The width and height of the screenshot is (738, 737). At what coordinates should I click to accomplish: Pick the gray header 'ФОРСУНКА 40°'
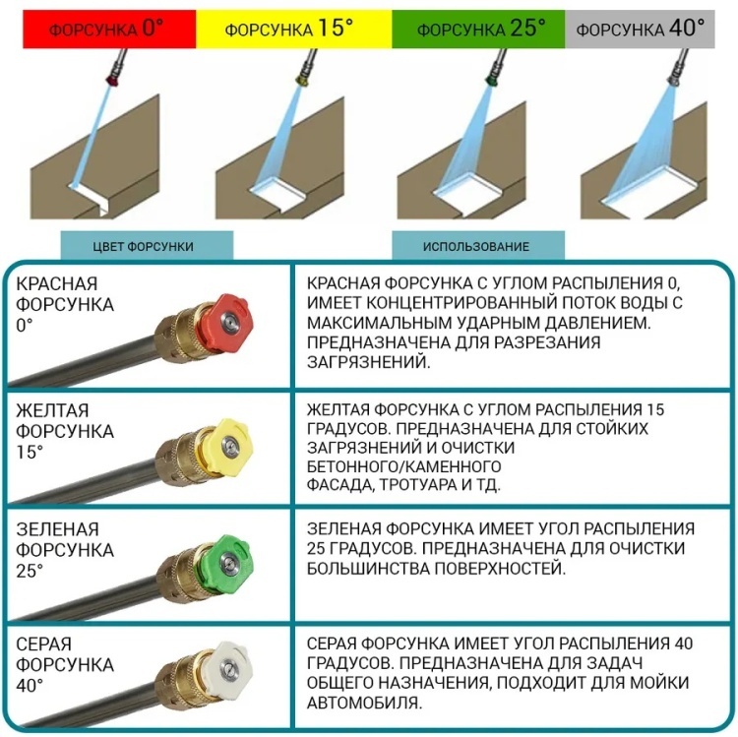[640, 30]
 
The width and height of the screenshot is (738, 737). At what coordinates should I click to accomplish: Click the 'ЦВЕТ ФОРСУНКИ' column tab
[147, 245]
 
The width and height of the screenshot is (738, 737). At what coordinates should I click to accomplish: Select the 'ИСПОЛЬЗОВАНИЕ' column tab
[478, 245]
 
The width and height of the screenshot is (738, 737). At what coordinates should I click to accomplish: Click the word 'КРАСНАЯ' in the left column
[56, 283]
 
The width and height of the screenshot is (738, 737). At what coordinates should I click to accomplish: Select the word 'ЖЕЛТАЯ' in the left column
[52, 410]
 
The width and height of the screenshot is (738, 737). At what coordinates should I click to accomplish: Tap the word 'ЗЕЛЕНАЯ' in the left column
[57, 529]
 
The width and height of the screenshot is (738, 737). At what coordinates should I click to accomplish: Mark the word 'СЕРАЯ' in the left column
[43, 644]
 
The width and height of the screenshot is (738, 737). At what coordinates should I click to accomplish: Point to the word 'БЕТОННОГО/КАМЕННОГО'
[403, 466]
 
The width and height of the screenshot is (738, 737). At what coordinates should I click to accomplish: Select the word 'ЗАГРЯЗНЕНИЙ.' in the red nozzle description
[369, 362]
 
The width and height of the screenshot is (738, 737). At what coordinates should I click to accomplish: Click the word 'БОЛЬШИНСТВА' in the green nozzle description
[368, 569]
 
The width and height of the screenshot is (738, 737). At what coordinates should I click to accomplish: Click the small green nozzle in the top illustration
[493, 79]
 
